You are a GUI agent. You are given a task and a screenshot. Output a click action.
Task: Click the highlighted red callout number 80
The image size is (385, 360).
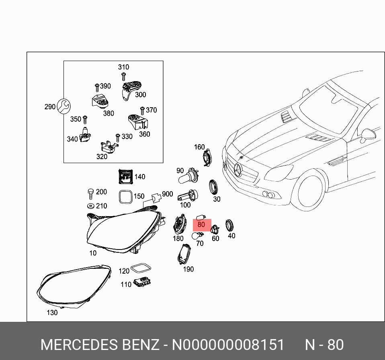tap(201, 225)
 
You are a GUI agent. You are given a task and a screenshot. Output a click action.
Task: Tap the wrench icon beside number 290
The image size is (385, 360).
tap(63, 106)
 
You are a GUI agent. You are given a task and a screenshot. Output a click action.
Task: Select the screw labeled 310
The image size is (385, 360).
tap(123, 76)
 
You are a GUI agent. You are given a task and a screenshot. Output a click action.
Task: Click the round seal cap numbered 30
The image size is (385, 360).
tap(214, 188)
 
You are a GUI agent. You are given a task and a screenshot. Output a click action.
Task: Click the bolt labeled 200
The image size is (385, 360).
tap(90, 194)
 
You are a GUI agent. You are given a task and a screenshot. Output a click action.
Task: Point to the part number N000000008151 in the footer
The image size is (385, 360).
tap(228, 345)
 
